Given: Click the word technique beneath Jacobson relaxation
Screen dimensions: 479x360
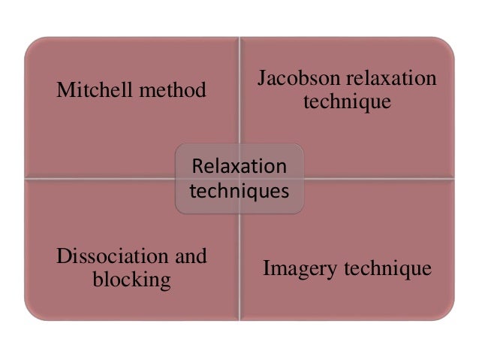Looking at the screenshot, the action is point(347,101).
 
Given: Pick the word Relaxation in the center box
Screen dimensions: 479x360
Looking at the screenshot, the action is point(239,166).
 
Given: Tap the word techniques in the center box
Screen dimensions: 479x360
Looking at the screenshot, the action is point(239,190).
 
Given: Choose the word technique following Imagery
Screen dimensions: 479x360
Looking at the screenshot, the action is point(386,268).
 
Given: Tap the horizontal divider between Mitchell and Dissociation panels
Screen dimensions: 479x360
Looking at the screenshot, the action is point(101,178).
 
